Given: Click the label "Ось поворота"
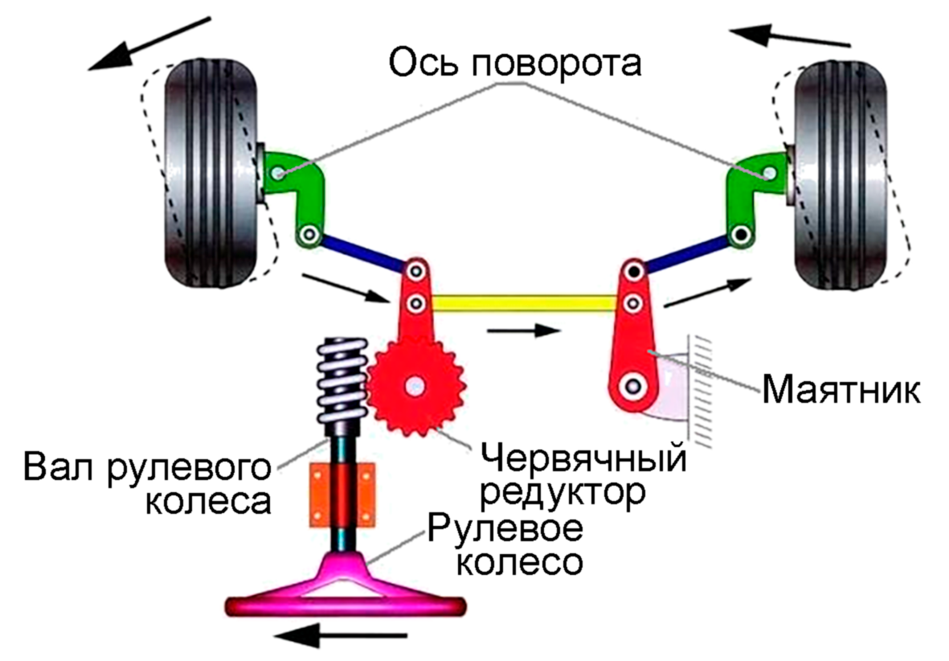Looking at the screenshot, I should [x=515, y=63].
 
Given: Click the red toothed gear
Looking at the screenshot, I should [x=415, y=388].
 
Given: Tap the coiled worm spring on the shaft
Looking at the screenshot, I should [x=342, y=384].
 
